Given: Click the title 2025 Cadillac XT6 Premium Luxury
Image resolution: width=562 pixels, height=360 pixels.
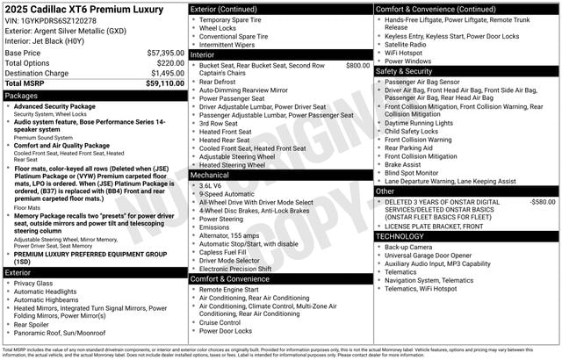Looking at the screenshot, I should pyautogui.click(x=84, y=9).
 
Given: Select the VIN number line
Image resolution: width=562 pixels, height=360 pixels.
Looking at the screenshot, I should pyautogui.click(x=51, y=19).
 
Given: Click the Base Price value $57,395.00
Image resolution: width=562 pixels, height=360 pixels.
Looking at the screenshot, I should pyautogui.click(x=164, y=53).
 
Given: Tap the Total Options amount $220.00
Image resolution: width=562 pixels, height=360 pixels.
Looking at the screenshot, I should pyautogui.click(x=170, y=63).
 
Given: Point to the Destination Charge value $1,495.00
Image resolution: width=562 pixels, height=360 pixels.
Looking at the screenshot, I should pyautogui.click(x=166, y=74).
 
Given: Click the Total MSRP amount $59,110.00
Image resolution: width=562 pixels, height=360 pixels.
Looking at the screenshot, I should pyautogui.click(x=164, y=83).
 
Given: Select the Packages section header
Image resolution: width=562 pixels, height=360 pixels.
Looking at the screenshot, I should pyautogui.click(x=21, y=95).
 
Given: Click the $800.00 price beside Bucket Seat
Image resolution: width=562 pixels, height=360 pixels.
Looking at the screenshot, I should pyautogui.click(x=357, y=65).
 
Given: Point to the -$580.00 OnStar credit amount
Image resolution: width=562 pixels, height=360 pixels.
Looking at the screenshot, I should pyautogui.click(x=542, y=202).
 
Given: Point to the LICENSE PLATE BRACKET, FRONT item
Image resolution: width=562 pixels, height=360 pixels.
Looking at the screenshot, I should pyautogui.click(x=435, y=226).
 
